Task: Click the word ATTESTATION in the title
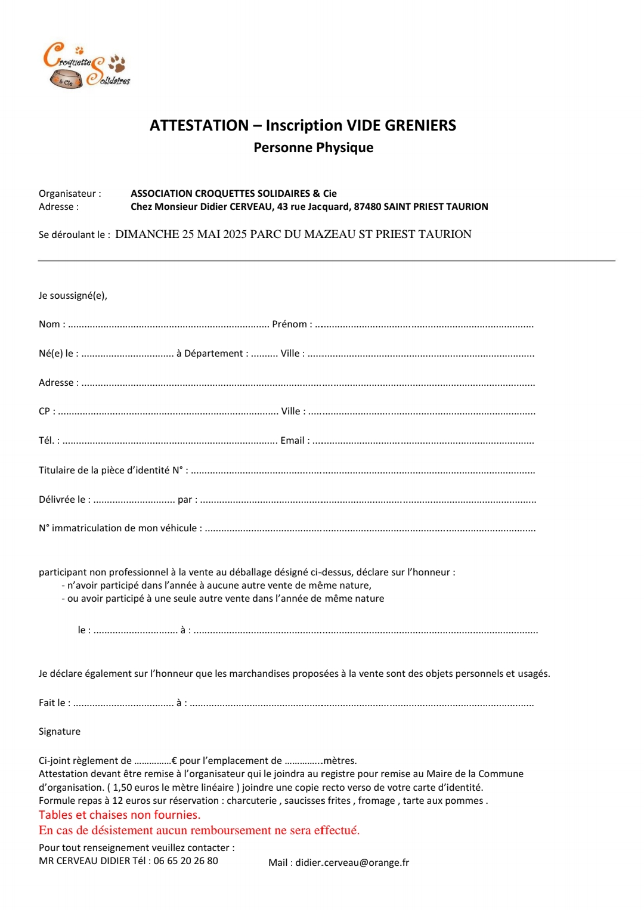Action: [x=199, y=126]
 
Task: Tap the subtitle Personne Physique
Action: [x=313, y=148]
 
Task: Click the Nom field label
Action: [x=49, y=324]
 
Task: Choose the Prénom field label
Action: [x=289, y=324]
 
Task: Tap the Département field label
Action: [x=213, y=354]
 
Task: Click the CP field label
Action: [x=45, y=411]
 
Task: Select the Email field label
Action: [x=292, y=441]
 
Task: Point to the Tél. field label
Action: [x=47, y=441]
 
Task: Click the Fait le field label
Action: [x=52, y=703]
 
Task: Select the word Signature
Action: [x=60, y=732]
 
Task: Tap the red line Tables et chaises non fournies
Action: [x=119, y=815]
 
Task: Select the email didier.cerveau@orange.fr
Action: [x=352, y=863]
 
